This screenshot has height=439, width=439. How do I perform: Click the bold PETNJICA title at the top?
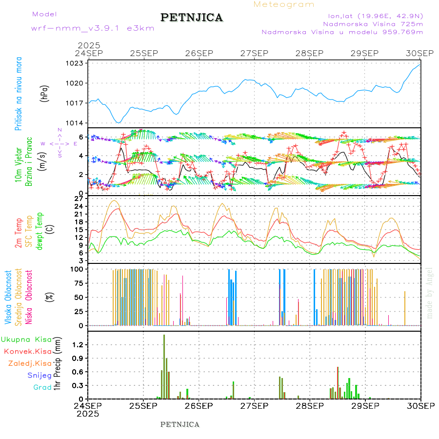(192, 18)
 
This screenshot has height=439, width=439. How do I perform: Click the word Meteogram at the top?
(284, 4)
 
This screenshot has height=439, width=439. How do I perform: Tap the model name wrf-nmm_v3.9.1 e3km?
(93, 28)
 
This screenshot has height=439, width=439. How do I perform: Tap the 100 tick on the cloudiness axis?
(78, 269)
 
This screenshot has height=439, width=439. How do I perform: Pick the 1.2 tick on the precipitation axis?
(79, 344)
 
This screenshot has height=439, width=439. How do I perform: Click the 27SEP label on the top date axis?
(254, 53)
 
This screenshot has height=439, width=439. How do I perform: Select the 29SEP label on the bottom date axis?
(365, 405)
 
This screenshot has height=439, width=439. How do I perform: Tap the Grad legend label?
(42, 387)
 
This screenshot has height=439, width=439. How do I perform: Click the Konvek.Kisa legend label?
(27, 351)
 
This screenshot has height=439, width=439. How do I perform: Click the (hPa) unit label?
(44, 93)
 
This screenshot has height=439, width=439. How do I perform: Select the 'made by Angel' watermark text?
(429, 293)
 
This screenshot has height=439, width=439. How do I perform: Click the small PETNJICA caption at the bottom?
(180, 424)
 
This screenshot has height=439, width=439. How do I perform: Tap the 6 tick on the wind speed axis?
(81, 137)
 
